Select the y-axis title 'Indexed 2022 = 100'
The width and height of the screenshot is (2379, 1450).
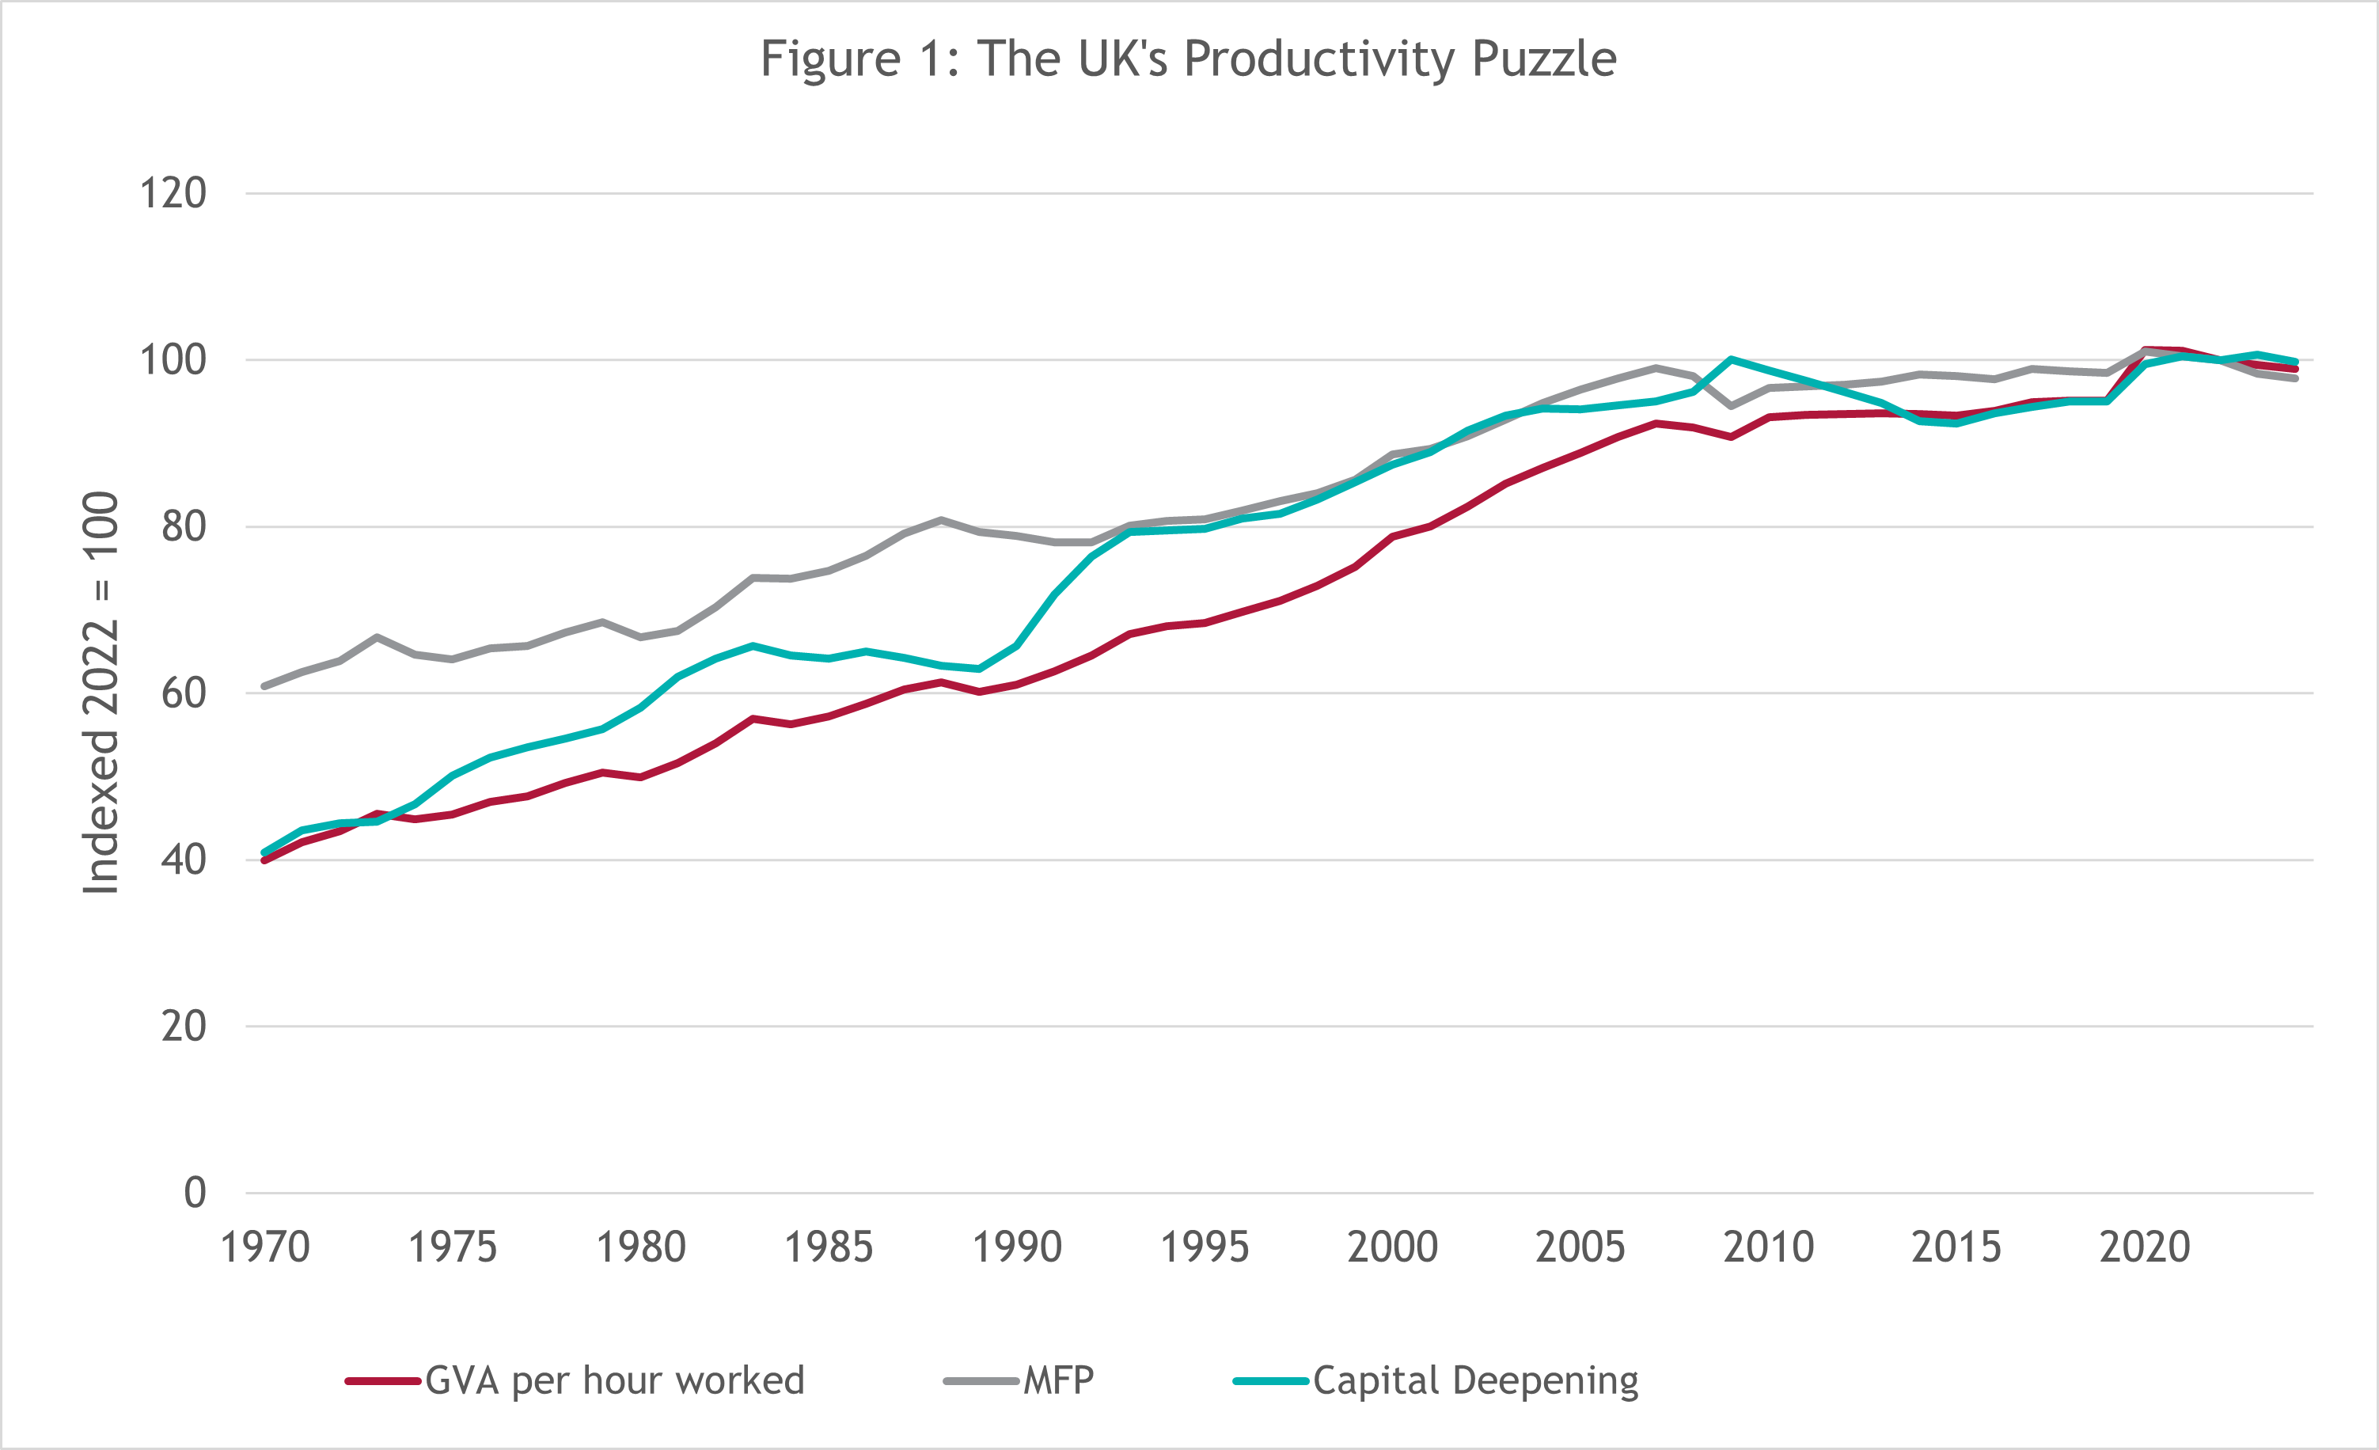tap(101, 693)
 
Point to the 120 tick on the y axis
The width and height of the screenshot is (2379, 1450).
tap(174, 193)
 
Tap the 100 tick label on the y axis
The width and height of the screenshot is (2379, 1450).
tap(174, 360)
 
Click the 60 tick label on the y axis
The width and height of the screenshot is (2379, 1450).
tap(184, 693)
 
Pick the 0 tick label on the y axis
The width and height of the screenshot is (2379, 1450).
tap(195, 1194)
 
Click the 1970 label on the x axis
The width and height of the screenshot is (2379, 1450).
tap(264, 1247)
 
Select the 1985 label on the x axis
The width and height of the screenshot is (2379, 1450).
tap(829, 1247)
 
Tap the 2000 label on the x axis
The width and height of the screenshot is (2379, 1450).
tap(1392, 1247)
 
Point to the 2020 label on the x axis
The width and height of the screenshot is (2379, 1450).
tap(2145, 1247)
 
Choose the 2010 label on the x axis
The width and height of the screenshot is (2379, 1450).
tap(1769, 1247)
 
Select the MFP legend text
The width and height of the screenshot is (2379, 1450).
tap(1058, 1381)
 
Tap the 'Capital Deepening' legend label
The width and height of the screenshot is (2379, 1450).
tap(1475, 1381)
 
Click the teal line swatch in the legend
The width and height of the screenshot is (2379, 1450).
tap(1270, 1381)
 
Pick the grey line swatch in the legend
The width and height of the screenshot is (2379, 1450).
tap(981, 1381)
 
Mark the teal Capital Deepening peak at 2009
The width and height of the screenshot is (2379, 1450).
tap(1731, 359)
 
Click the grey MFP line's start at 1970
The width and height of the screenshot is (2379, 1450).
tap(264, 686)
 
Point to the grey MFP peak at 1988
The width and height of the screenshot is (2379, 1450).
tap(941, 519)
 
